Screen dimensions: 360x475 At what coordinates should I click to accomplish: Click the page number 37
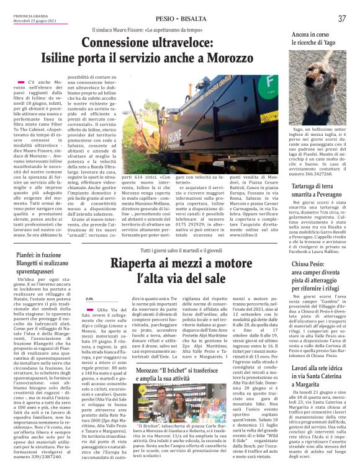point(342,19)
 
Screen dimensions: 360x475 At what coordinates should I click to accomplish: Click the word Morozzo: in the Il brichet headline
point(148,352)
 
